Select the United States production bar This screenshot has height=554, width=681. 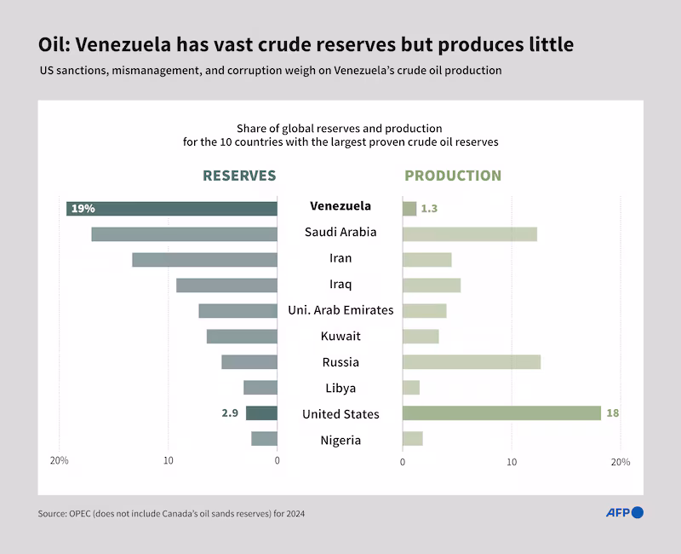click(x=501, y=413)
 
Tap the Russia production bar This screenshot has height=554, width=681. click(x=471, y=361)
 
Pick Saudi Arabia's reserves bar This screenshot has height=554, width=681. click(x=184, y=234)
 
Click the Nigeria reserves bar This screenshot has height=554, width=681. click(x=264, y=439)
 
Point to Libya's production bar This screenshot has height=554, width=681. click(x=411, y=388)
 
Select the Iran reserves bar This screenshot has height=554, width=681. click(x=204, y=259)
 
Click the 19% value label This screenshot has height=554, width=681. click(x=83, y=208)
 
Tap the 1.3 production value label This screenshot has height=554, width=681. click(x=429, y=208)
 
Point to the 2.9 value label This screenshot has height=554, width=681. click(x=230, y=413)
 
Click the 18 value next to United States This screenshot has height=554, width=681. click(x=612, y=413)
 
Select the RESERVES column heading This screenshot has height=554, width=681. click(x=239, y=176)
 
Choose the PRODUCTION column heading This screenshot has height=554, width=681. click(x=453, y=176)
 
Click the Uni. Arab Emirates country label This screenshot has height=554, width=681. click(x=340, y=310)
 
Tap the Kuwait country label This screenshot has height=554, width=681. click(x=340, y=336)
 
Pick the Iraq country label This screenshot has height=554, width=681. click(x=340, y=284)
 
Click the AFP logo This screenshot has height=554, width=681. click(x=624, y=512)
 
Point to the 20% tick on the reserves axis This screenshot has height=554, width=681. click(x=60, y=461)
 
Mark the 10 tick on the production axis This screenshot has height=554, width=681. click(x=512, y=461)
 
